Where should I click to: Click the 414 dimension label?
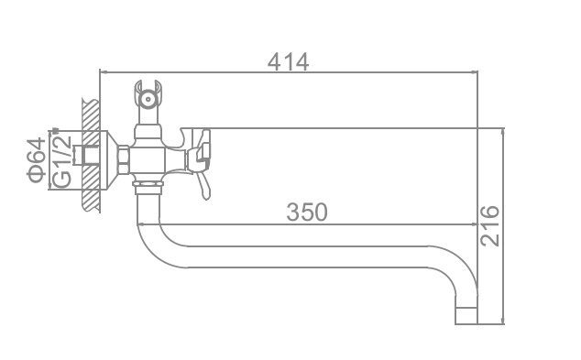[x=289, y=62]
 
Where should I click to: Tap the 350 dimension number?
[x=307, y=213]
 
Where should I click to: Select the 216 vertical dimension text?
[x=489, y=225]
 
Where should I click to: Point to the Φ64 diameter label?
[x=37, y=159]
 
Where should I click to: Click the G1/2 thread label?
[x=61, y=160]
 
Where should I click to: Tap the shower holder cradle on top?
[x=148, y=94]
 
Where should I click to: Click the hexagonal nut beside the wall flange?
[x=123, y=160]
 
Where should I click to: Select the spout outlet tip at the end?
[x=466, y=316]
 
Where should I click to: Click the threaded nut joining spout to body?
[x=148, y=188]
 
